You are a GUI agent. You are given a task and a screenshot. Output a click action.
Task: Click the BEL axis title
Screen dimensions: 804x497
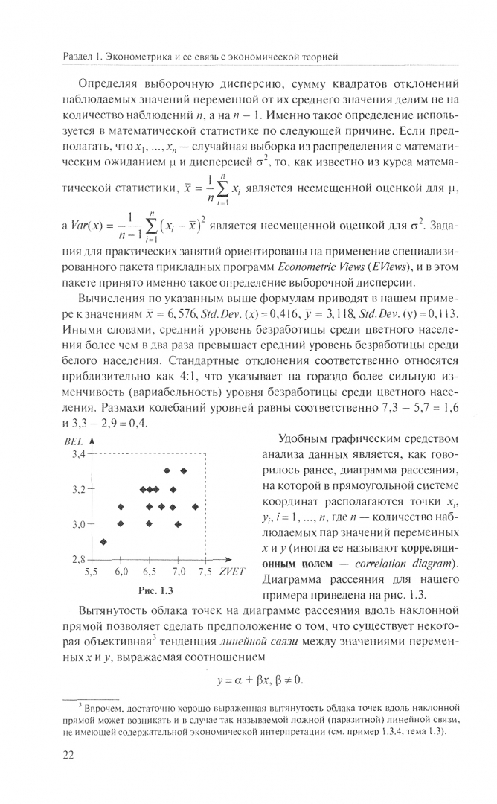point(72,441)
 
